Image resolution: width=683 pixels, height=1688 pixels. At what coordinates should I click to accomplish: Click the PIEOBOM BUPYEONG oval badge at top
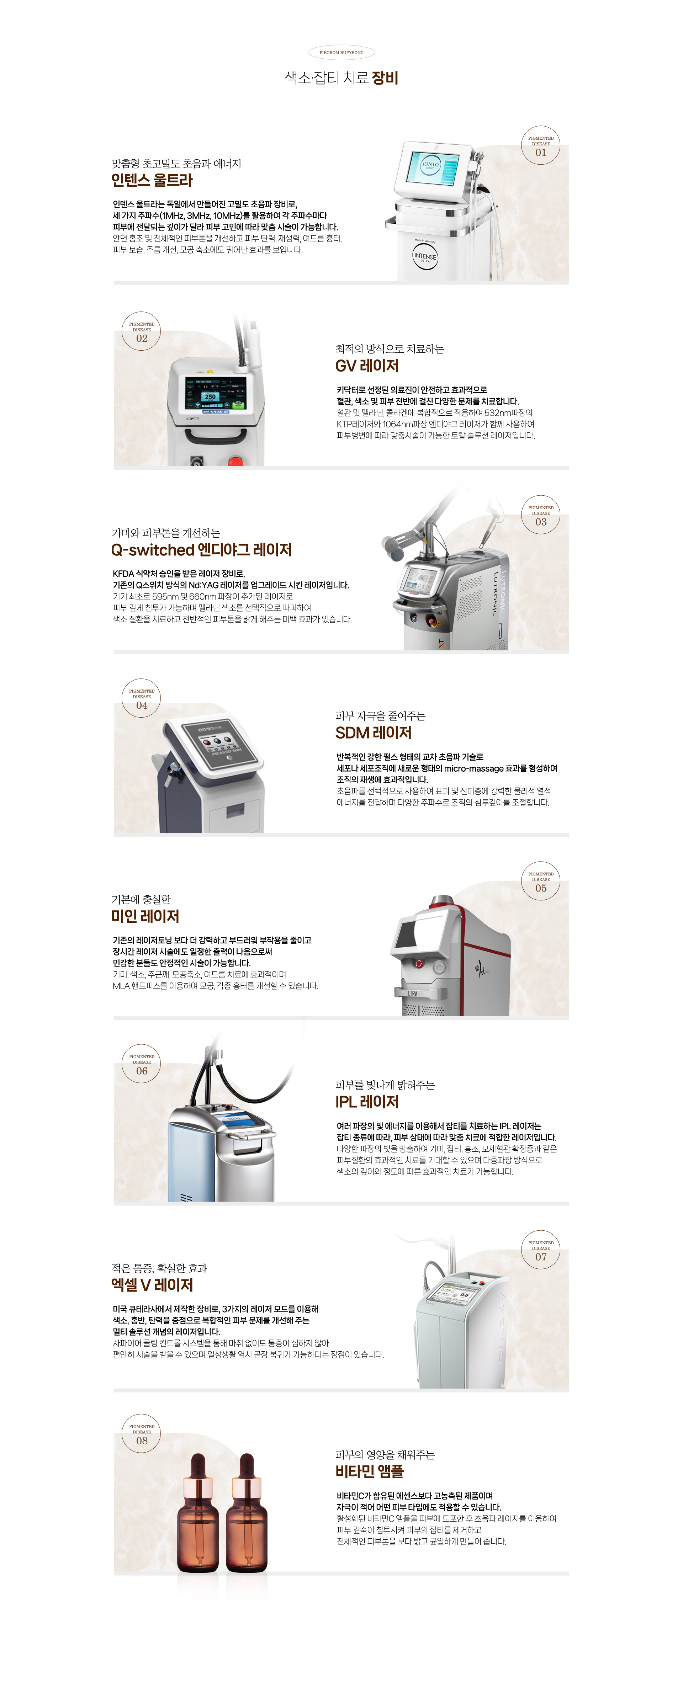tap(341, 52)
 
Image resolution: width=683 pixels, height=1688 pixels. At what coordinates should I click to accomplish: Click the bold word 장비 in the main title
tap(385, 78)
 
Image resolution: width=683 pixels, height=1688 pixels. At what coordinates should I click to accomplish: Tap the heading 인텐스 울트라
tap(152, 180)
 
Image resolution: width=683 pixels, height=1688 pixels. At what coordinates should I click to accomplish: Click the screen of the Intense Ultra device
tap(431, 166)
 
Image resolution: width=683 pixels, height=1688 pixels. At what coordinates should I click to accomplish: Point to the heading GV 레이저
tap(367, 366)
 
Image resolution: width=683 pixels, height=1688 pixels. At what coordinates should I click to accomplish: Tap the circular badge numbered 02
tap(142, 331)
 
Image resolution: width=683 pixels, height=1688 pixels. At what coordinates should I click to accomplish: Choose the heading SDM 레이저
tap(374, 733)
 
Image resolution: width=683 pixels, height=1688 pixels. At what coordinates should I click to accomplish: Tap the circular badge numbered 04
tap(142, 698)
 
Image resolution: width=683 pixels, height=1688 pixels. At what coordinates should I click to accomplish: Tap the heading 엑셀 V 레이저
tap(152, 1285)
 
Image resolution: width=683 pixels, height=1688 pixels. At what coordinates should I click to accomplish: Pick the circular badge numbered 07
tap(541, 1250)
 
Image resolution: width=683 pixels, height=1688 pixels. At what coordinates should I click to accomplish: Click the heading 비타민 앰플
tap(370, 1471)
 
